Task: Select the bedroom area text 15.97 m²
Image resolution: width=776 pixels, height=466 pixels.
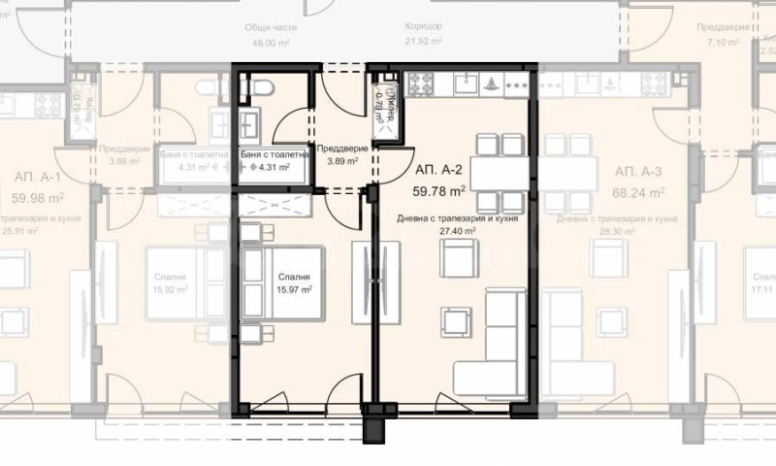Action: (x=293, y=289)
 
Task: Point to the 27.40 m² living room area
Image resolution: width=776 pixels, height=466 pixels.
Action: (x=457, y=232)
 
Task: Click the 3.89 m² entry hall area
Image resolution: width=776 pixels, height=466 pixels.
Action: (x=341, y=161)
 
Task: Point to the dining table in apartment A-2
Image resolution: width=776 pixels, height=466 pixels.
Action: (x=501, y=174)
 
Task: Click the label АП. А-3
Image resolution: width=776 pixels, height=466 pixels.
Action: (x=637, y=172)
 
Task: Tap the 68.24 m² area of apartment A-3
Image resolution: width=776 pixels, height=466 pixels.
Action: (x=637, y=192)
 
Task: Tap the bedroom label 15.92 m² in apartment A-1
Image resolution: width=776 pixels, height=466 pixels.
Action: (x=171, y=289)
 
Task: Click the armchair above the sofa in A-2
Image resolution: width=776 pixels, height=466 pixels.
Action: (x=457, y=259)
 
